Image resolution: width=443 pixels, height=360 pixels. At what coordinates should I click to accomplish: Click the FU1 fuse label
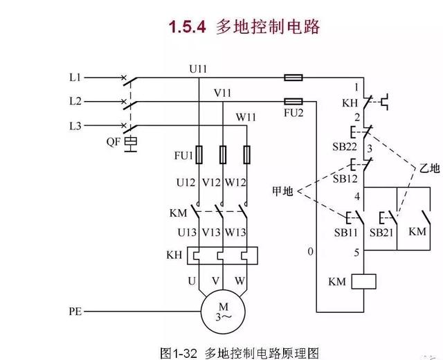183,156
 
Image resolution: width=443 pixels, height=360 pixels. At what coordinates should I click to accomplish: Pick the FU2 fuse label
293,112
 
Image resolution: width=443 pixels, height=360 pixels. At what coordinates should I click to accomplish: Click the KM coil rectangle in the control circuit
363,281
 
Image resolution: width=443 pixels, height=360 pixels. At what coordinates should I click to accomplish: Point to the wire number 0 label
311,250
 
